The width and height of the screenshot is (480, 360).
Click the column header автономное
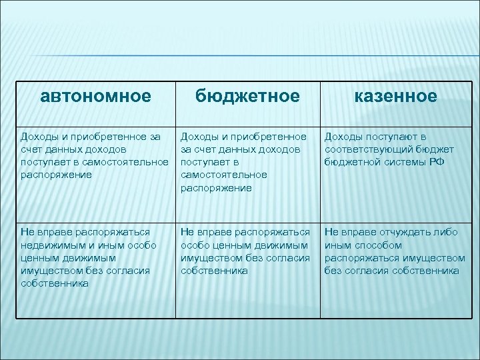[x=95, y=97]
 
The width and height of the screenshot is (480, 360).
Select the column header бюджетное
[x=247, y=97]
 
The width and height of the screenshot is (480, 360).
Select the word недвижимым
[x=49, y=245]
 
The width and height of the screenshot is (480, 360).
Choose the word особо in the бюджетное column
[x=195, y=245]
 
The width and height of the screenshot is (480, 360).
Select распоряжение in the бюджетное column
[x=215, y=188]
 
